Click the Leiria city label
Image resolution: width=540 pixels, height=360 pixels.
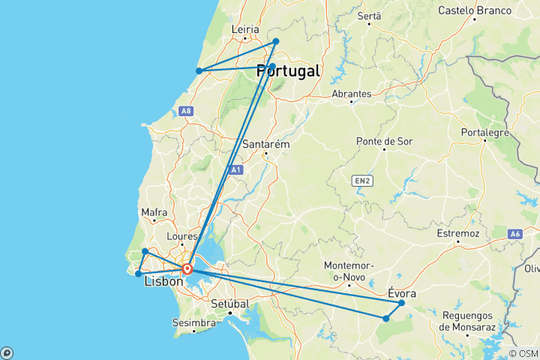tap(246, 30)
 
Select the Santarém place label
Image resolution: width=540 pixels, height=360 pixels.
tap(265, 144)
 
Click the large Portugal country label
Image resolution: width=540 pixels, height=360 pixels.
tap(288, 71)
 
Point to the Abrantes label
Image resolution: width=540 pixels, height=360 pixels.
tap(351, 94)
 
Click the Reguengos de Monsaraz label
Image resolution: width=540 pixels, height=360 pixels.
tap(467, 321)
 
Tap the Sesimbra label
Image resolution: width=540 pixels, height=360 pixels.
tap(193, 323)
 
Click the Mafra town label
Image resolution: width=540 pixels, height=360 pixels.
tap(154, 213)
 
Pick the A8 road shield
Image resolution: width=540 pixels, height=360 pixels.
tap(187, 111)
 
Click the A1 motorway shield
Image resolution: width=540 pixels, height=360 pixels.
tap(236, 170)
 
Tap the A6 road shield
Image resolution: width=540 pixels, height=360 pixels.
tap(515, 234)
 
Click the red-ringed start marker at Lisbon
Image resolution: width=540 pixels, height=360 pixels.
tap(187, 270)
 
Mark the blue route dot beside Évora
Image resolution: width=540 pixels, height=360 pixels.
tap(402, 303)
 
